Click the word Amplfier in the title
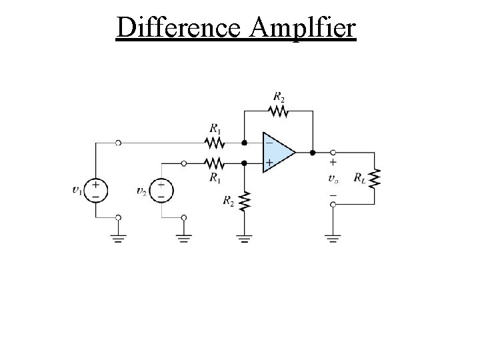[305, 28]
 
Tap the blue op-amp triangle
[277, 153]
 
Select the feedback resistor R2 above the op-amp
[278, 112]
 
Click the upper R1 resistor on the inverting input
[214, 142]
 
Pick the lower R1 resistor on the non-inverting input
[214, 162]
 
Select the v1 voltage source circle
[96, 189]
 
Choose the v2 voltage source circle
[161, 189]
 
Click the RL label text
[359, 178]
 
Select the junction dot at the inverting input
[245, 143]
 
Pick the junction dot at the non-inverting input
[245, 162]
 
